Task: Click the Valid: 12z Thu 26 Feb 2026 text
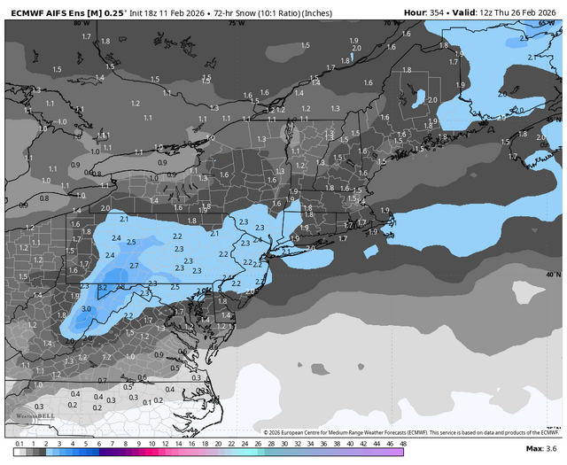tap(509, 11)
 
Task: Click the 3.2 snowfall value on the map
tap(102, 287)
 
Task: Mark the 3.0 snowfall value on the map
tap(86, 308)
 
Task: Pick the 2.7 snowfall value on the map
tap(134, 265)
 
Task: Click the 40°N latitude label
tap(553, 275)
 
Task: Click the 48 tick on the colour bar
tap(403, 443)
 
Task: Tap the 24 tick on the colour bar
tap(244, 443)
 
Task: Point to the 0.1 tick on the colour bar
tap(19, 443)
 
